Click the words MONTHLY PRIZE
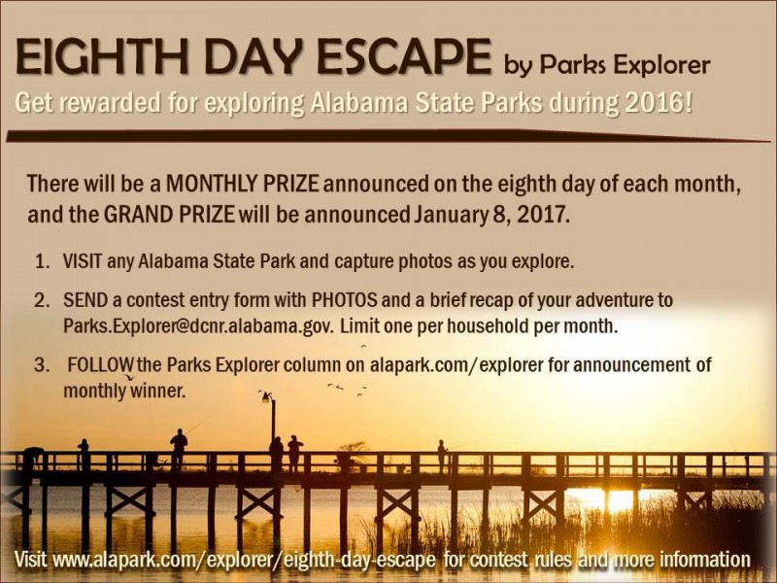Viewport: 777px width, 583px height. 242,184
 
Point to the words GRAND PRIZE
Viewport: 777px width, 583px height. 169,214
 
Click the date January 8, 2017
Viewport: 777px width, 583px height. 490,215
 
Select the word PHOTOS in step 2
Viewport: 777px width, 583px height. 345,299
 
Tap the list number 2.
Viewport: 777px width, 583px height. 41,300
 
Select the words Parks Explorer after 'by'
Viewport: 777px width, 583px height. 625,65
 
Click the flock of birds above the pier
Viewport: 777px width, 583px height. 347,389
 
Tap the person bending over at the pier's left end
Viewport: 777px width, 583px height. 32,457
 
